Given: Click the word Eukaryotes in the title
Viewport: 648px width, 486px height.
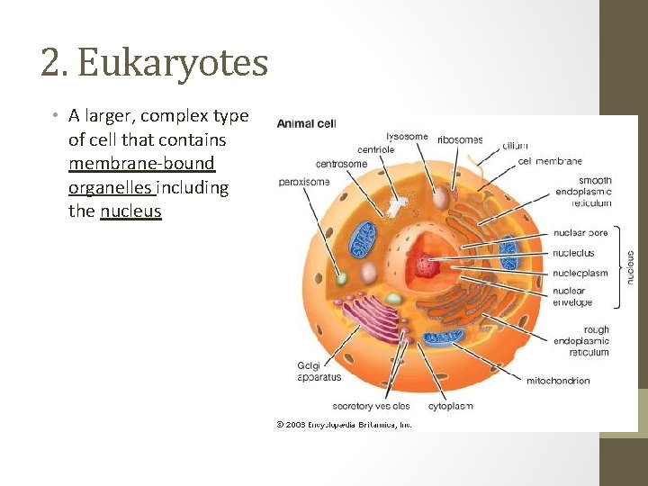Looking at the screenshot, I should click(173, 63).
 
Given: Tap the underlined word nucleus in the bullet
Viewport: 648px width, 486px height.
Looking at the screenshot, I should click(130, 211).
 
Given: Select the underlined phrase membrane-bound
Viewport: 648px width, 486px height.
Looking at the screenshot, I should click(141, 164).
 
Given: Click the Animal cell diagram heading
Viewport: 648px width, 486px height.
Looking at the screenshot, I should click(306, 124).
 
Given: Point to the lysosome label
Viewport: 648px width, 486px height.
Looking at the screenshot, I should click(407, 137).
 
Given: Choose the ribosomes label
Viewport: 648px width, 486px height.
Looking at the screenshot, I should click(460, 140).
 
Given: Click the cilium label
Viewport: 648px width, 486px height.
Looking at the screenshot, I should click(516, 145).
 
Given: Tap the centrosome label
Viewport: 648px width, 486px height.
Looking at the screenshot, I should click(341, 164).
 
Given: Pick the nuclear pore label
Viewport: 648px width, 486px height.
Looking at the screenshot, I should click(580, 233).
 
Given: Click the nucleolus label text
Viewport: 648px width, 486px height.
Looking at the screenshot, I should click(573, 253).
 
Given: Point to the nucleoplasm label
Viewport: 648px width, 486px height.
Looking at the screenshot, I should click(580, 273).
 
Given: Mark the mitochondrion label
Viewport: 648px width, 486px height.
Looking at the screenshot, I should click(557, 381).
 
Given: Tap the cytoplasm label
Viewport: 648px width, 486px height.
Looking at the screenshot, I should click(450, 406).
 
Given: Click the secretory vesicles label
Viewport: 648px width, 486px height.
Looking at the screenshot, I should click(371, 406).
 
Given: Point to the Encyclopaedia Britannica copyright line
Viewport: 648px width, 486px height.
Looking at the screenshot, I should click(344, 423).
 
